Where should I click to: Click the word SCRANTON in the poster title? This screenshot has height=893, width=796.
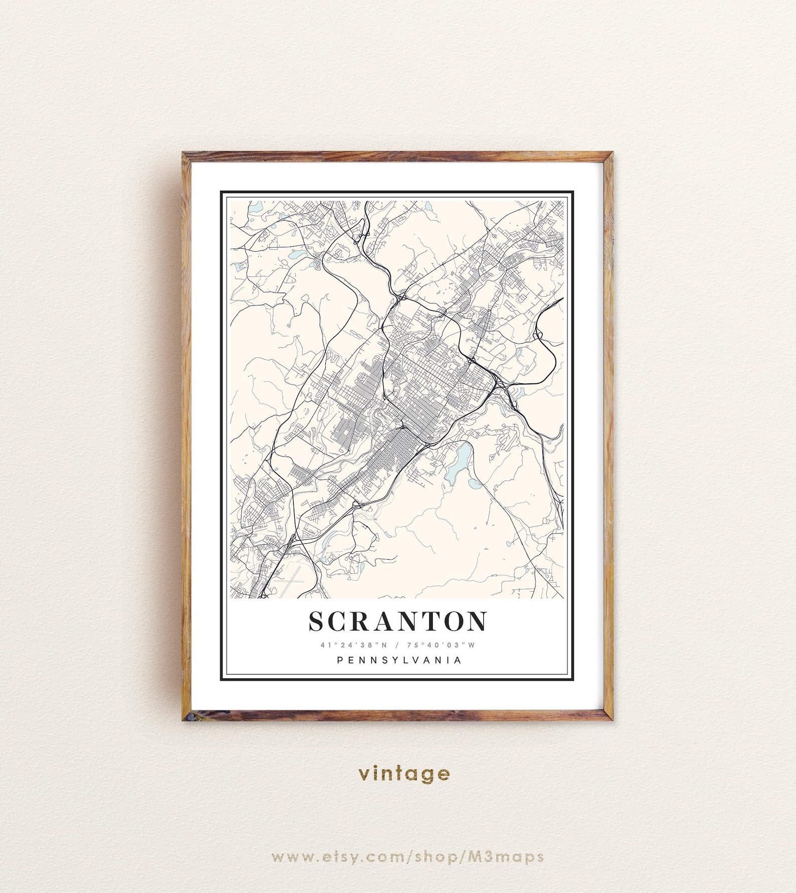[397, 621]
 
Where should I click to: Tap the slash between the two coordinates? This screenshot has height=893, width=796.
[397, 645]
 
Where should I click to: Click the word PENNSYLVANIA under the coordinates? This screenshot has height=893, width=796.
[399, 660]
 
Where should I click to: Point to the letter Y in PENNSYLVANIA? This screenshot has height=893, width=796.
[393, 660]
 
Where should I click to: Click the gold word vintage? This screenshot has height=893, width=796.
[404, 773]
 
